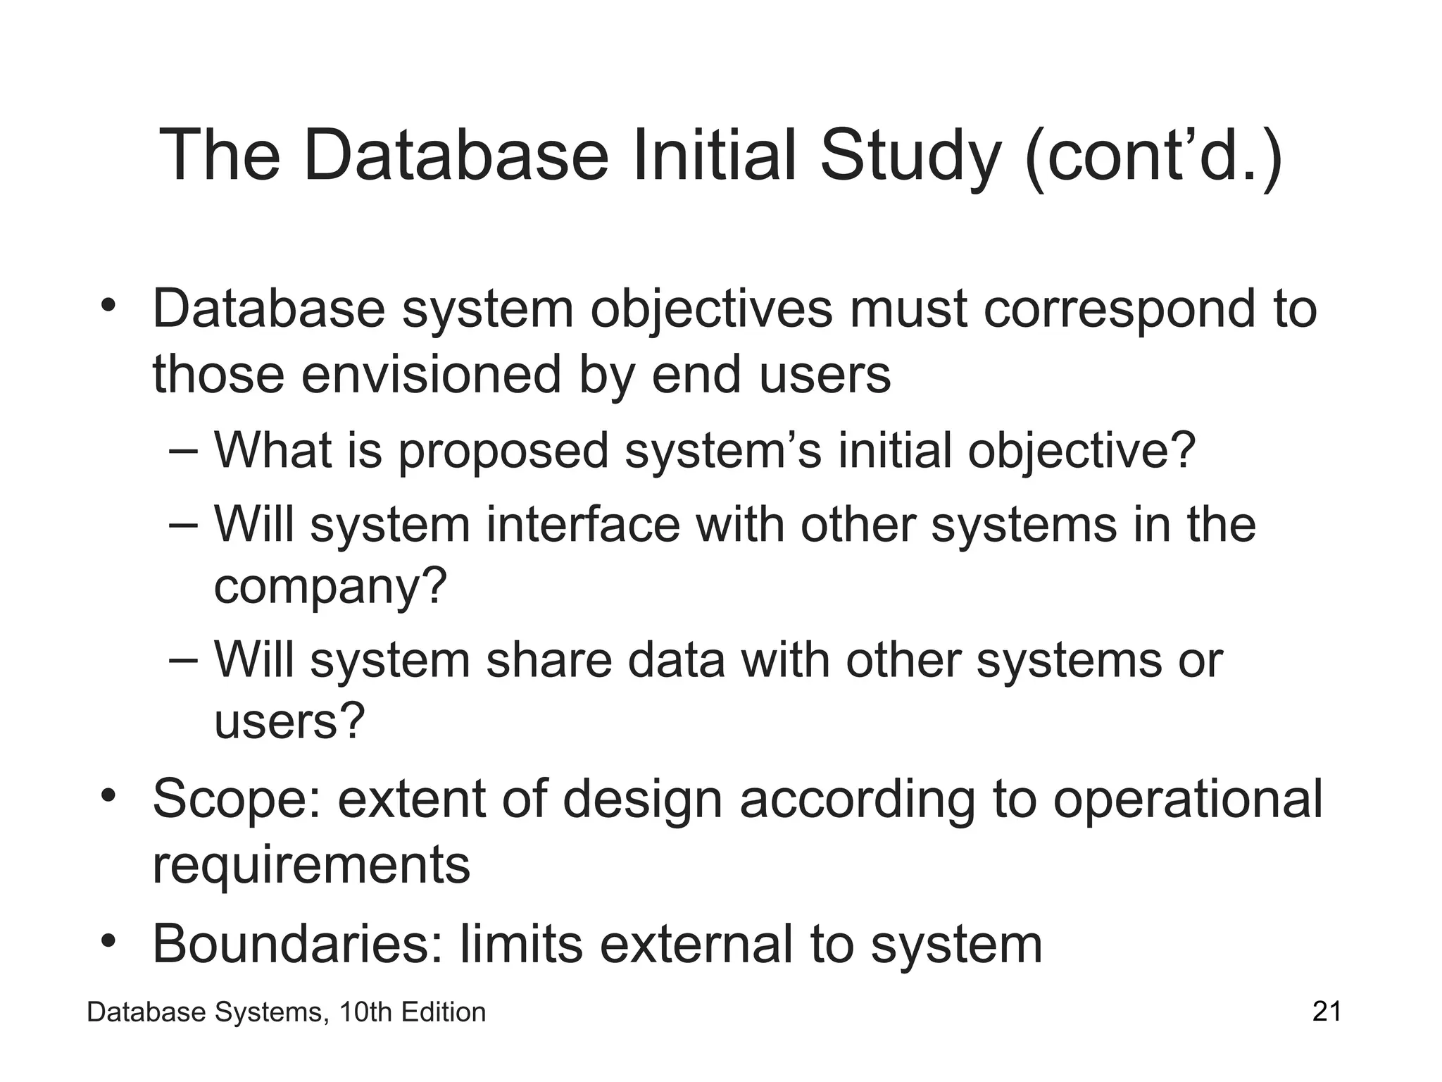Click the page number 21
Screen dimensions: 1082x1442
click(1327, 1012)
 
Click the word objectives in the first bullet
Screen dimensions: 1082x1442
click(711, 310)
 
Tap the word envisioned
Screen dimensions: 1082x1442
click(432, 374)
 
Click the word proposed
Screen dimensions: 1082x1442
click(503, 452)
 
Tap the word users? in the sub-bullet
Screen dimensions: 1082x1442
click(289, 721)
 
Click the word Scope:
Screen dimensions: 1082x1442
click(237, 800)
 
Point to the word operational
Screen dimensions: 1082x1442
click(1188, 799)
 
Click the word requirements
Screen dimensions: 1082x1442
click(311, 865)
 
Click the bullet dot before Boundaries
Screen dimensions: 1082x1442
click(107, 941)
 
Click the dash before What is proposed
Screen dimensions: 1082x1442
click(185, 452)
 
